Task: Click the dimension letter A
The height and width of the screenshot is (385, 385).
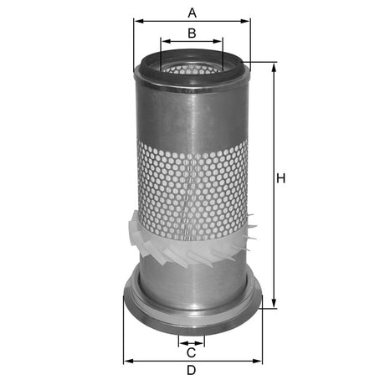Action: coord(192,12)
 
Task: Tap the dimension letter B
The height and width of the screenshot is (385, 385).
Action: coord(192,33)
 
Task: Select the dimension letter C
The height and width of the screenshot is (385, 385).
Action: coord(191,352)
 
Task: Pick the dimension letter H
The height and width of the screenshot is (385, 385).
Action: coord(281,179)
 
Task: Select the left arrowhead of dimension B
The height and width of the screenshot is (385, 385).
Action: coord(163,40)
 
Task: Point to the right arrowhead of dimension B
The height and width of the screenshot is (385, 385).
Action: coord(220,40)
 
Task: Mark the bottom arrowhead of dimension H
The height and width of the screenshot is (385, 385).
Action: coord(273,305)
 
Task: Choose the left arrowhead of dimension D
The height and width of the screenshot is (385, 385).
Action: coord(126,361)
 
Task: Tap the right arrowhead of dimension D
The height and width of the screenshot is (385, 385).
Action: coord(258,361)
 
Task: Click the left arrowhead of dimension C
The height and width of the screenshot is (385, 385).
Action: coord(182,342)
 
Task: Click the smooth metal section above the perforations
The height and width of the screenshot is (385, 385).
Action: coord(192,113)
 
